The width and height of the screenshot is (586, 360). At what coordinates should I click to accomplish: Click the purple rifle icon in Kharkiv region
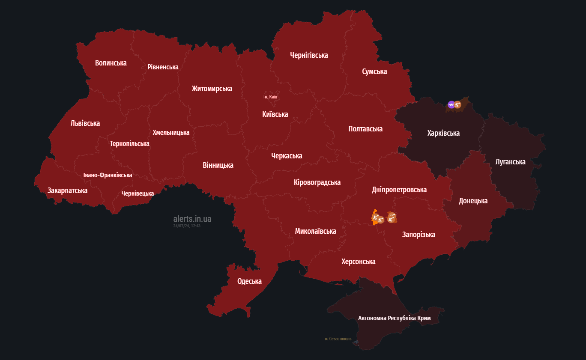451,104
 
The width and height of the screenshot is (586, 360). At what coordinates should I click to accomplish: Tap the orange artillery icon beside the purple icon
457,104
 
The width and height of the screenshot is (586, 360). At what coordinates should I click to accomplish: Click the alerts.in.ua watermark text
192,219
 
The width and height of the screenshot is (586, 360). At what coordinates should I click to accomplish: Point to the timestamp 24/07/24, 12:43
187,226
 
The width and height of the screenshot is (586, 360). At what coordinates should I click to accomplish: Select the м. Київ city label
271,97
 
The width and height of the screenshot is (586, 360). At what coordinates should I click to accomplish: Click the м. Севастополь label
338,339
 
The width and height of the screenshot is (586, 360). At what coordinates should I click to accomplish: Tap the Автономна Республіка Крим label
394,318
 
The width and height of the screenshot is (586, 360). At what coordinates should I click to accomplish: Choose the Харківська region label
443,133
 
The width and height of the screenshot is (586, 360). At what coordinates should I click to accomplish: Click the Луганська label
510,162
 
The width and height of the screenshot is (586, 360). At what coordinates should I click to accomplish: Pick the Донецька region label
473,201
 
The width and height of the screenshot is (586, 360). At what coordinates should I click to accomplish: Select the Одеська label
249,281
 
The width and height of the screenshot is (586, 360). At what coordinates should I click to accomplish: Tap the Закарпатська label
67,190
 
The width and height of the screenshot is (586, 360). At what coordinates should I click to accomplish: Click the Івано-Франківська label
108,175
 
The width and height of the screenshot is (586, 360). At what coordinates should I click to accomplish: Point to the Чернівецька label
138,193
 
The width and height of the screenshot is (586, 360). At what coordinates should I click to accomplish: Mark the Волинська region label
111,63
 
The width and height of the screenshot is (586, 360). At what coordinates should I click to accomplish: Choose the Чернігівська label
309,55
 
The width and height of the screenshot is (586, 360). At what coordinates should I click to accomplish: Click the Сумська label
374,71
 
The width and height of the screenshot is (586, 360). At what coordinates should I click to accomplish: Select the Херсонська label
358,262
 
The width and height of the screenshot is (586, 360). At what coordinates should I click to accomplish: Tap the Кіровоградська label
317,182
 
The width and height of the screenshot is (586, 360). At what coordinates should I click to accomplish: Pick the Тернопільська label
129,143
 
